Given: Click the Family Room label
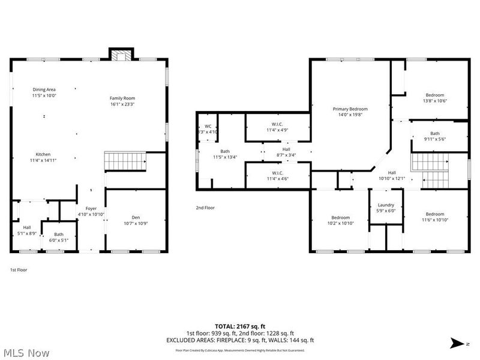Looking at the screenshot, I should (122, 98).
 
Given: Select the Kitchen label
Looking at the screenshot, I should (43, 154).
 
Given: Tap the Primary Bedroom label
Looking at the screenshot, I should (350, 109).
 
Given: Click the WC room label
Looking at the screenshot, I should (207, 126).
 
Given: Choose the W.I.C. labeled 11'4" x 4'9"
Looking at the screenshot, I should (277, 125).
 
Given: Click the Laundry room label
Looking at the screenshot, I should (386, 205).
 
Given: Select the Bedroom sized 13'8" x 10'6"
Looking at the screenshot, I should (435, 95).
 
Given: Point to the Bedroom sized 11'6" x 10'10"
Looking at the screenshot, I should (435, 214).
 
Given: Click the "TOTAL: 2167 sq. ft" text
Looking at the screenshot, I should (240, 326).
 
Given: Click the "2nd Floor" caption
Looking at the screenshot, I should (205, 208).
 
